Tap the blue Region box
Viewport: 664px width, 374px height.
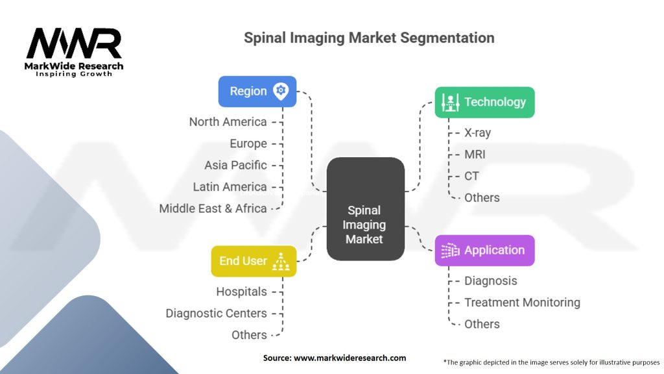point(257,92)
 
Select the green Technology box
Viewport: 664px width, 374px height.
point(484,102)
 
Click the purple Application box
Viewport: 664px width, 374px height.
point(484,251)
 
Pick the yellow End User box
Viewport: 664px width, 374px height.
point(254,261)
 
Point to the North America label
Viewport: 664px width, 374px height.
point(228,122)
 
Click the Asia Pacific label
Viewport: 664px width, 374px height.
point(235,165)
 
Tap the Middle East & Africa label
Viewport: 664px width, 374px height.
point(213,208)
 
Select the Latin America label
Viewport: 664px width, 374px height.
point(230,187)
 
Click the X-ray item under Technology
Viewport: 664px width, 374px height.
point(477,132)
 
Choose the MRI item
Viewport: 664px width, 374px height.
point(475,155)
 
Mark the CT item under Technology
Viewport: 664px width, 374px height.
point(471,176)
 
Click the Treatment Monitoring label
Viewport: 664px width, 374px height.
point(522,303)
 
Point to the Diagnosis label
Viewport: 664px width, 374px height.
point(490,281)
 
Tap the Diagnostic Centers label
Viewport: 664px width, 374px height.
point(216,314)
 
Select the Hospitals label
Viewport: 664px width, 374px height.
point(241,292)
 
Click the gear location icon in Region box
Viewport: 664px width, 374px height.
point(281,91)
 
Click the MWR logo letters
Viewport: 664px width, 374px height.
point(73,44)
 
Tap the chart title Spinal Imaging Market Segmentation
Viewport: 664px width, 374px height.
point(369,38)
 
